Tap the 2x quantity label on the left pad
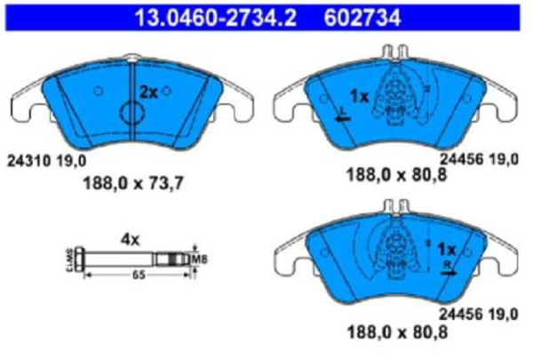tap(148, 92)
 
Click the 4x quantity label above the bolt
tap(130, 238)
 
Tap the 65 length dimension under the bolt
tap(139, 276)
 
